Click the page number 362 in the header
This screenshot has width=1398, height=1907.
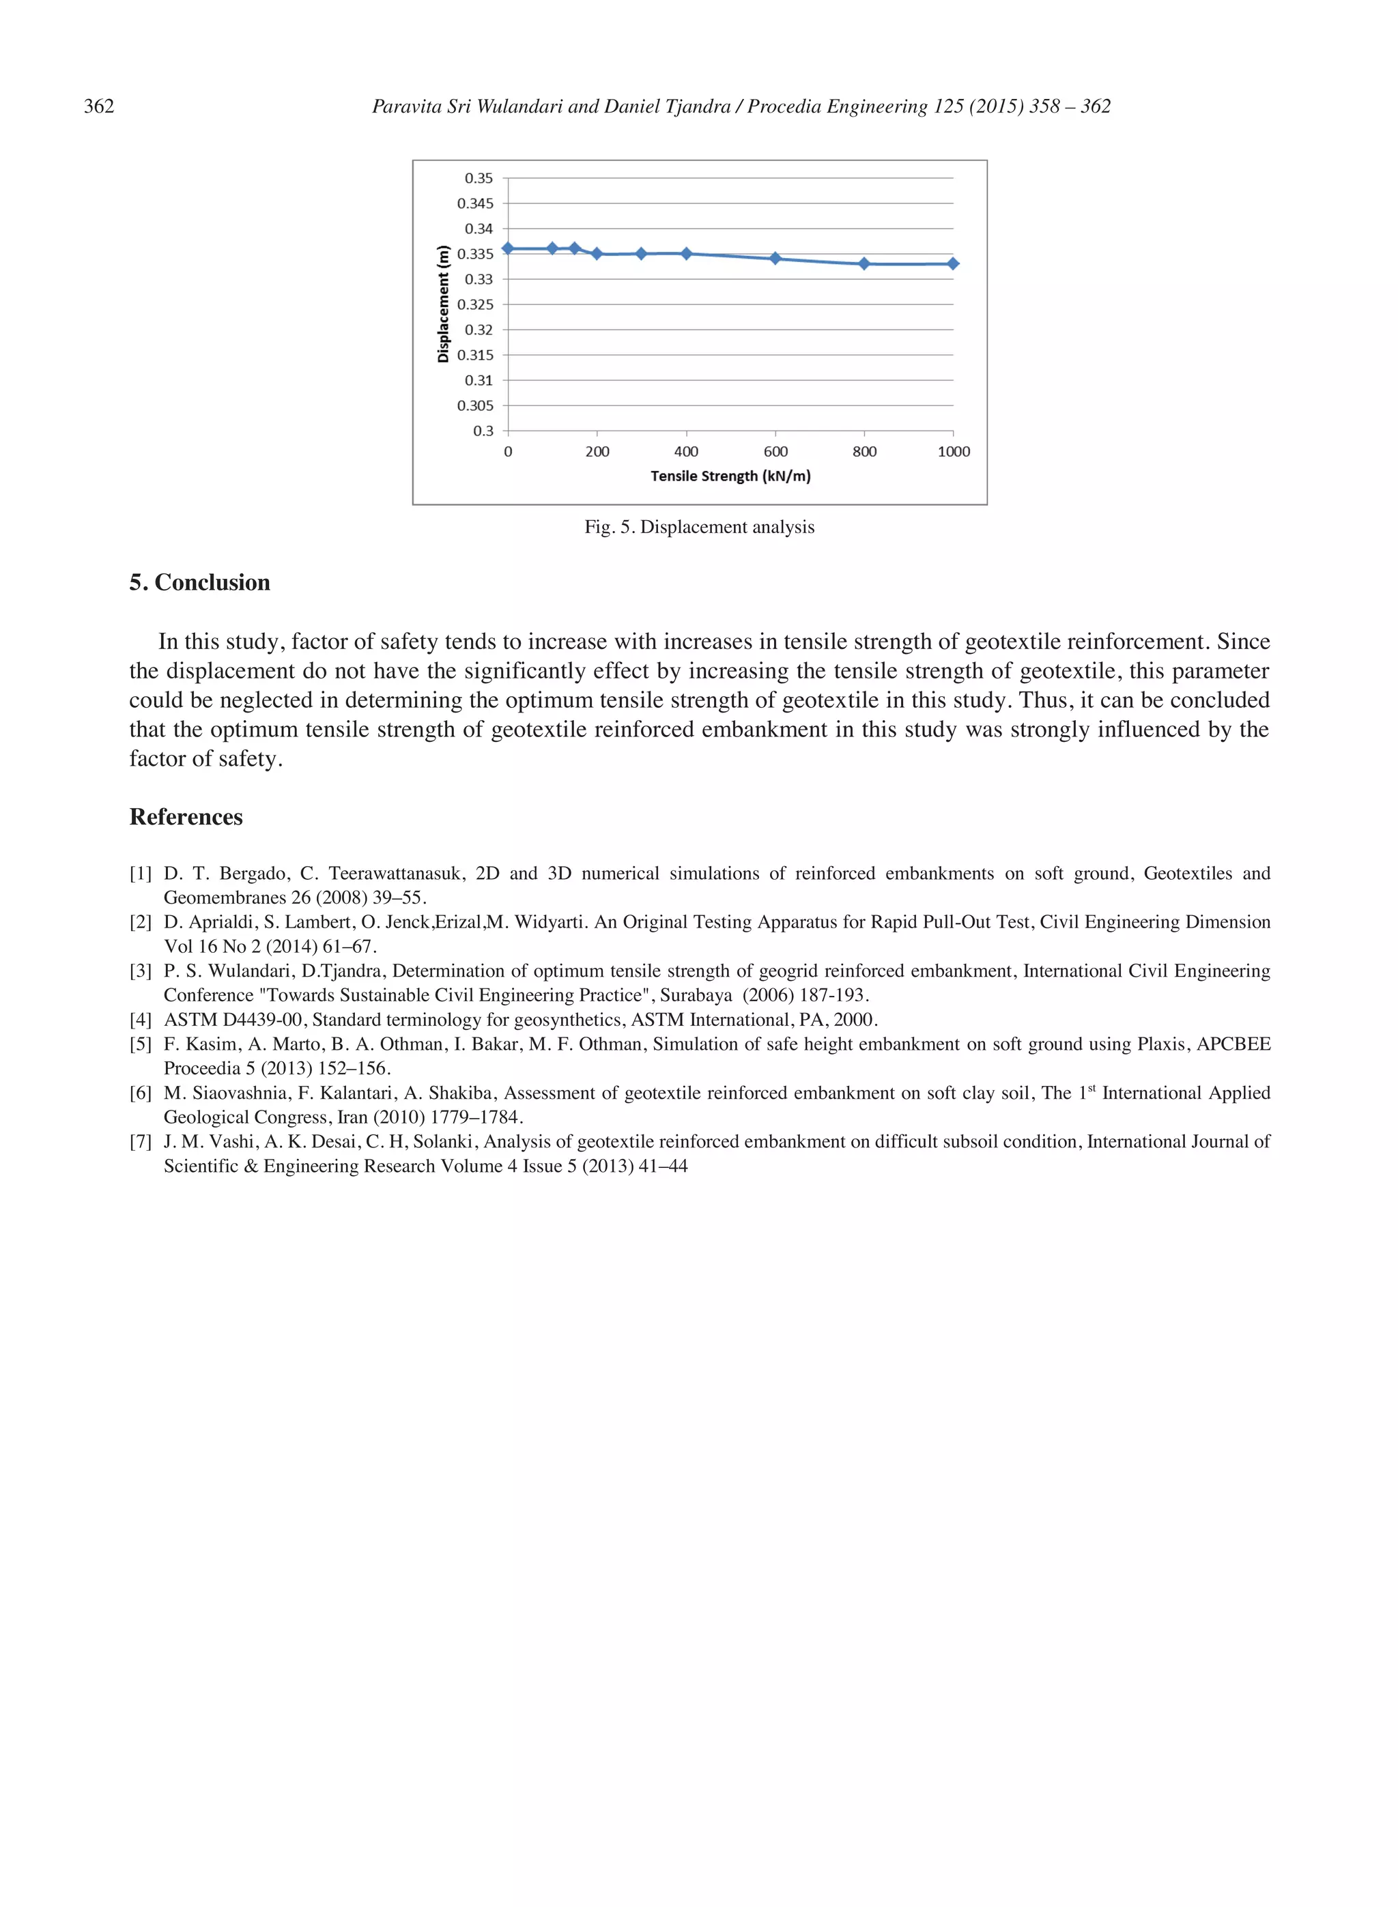(x=99, y=106)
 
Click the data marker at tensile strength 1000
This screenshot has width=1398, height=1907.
(x=953, y=264)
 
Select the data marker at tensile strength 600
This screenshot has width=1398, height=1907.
(x=775, y=259)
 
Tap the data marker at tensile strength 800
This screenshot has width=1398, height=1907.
(x=864, y=264)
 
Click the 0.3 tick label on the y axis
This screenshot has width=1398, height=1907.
(x=483, y=431)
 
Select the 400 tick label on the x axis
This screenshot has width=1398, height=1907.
(x=686, y=452)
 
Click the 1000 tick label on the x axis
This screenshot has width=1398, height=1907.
(x=954, y=452)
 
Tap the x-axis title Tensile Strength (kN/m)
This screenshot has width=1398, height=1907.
(x=730, y=476)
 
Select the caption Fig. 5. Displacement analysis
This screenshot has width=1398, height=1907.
(x=699, y=527)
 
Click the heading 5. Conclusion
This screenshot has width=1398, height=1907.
(x=200, y=583)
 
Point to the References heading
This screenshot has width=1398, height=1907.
(x=186, y=817)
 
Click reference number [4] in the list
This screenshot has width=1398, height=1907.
(x=141, y=1020)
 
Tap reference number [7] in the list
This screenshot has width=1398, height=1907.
(x=141, y=1142)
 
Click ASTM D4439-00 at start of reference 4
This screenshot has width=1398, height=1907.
(x=233, y=1020)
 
